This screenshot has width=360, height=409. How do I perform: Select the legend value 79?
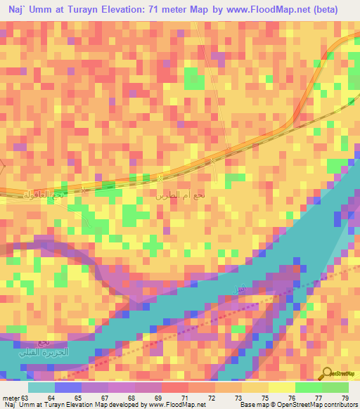point(345,398)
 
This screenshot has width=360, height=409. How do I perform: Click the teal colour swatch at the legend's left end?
point(41,387)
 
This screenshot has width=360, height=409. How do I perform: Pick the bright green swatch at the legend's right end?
point(335,387)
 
